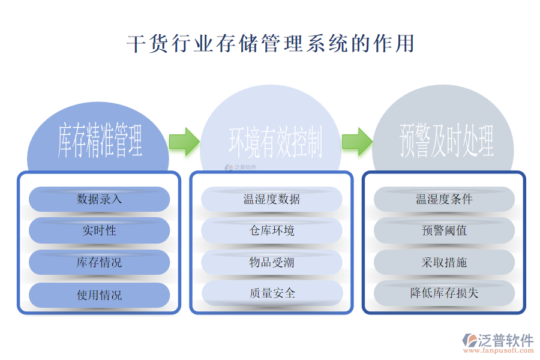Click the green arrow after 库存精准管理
coord(184,142)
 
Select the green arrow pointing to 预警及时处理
coord(357,142)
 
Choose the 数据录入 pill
coord(100,199)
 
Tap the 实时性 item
coord(100,230)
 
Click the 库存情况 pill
coord(100,262)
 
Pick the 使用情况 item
coord(100,295)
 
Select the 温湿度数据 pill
coord(272,199)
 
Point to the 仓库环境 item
coord(272,230)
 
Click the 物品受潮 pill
coord(272,262)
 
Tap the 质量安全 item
coord(272,293)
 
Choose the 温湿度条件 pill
coord(444,199)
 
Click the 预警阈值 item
coord(444,230)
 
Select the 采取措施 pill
coord(444,262)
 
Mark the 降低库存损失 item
coord(444,293)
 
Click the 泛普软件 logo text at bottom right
coord(505,340)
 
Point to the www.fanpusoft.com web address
coord(503,351)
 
